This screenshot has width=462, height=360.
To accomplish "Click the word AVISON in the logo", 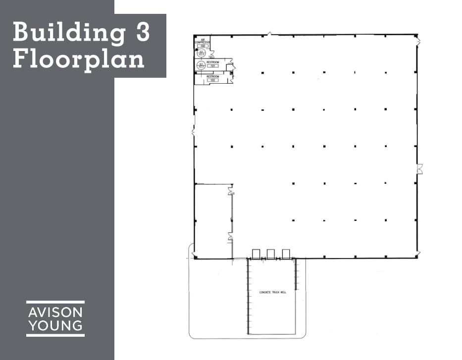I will (55, 312).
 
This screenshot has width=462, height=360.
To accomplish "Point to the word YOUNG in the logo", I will (55, 326).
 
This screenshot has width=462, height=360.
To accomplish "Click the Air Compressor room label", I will (203, 42).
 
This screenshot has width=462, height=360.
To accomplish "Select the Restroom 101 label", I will (213, 62).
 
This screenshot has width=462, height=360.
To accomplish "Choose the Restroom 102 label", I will (213, 77).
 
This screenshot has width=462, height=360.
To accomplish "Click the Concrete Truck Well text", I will (273, 293).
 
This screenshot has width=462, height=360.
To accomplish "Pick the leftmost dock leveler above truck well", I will (257, 254).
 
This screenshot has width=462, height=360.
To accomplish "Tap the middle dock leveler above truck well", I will (271, 254).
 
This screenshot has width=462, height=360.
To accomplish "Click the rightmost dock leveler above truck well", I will (286, 254).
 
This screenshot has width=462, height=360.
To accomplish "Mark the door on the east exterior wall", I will (419, 169).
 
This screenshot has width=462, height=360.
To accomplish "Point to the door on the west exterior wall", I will (194, 132).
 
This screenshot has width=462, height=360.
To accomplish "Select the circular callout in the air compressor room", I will (202, 52).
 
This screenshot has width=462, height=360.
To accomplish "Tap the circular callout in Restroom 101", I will (201, 65).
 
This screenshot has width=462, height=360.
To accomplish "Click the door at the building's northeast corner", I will (418, 40).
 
